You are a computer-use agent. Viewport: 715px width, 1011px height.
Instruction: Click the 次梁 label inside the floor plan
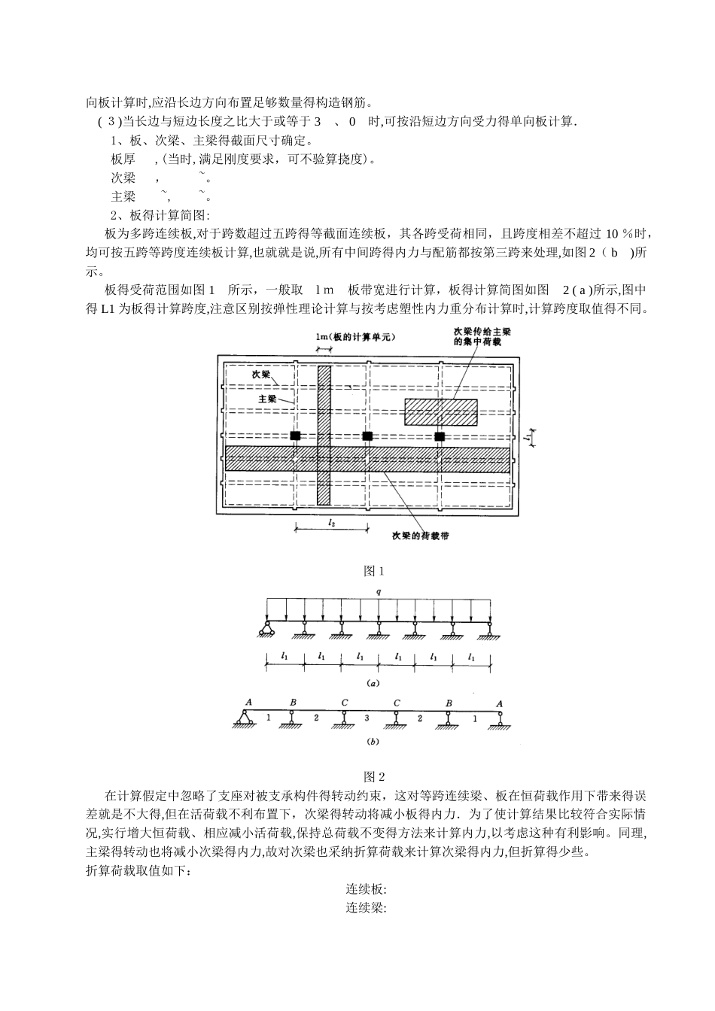[261, 373]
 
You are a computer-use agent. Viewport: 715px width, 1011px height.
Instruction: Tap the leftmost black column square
[296, 436]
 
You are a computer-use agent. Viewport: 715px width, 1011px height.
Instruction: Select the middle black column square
[367, 436]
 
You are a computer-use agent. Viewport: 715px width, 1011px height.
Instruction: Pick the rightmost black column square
[440, 436]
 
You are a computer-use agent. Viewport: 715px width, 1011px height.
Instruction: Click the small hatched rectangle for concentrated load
[441, 412]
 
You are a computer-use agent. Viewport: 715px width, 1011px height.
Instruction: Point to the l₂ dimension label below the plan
[331, 521]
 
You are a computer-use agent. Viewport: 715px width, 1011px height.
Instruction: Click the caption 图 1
[374, 571]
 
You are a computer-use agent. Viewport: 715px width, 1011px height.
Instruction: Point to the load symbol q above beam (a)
[379, 592]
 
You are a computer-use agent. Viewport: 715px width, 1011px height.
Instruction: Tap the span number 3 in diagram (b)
[367, 718]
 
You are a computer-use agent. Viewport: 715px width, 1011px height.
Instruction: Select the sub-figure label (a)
[372, 684]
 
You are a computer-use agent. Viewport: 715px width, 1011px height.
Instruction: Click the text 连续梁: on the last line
[367, 907]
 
